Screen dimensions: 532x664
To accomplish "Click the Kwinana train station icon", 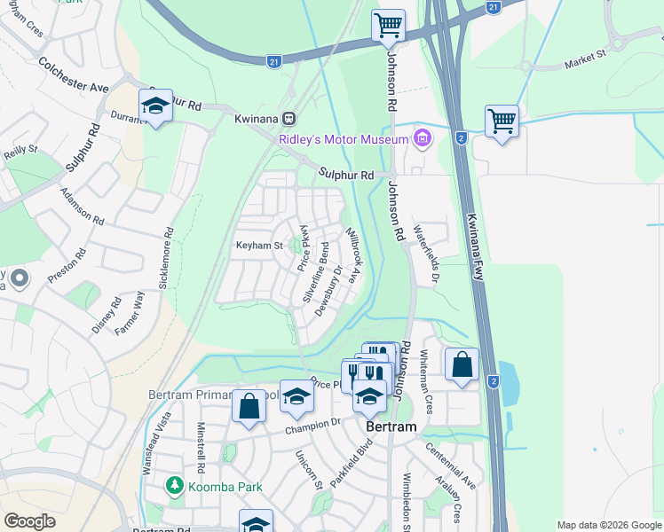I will tap(289, 119).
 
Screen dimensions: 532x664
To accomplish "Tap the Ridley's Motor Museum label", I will tap(342, 139).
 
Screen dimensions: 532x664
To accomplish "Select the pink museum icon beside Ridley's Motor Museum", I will tap(423, 138).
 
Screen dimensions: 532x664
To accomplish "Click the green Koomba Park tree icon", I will tap(175, 486).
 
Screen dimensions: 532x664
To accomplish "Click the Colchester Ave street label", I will tap(73, 75).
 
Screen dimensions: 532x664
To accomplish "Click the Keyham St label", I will tap(258, 246).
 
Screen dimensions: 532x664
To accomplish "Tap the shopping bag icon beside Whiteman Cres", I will tap(462, 364).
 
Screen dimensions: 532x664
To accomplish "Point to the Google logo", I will tap(29, 521).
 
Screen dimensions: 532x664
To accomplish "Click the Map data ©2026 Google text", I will tap(608, 525).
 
